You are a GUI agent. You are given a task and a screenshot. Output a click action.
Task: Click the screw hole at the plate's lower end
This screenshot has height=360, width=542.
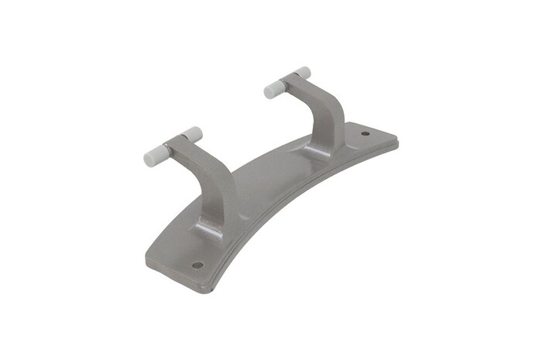197,264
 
